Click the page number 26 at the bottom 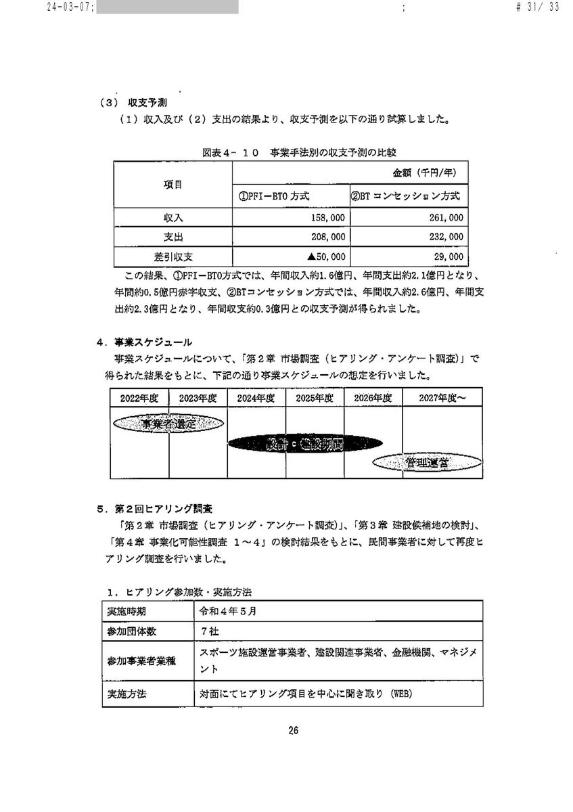(293, 730)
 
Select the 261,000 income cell (444, 219)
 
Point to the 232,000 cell (444, 238)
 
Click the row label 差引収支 (173, 257)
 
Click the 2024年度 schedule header (256, 399)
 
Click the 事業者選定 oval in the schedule (168, 424)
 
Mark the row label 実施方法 (127, 694)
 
